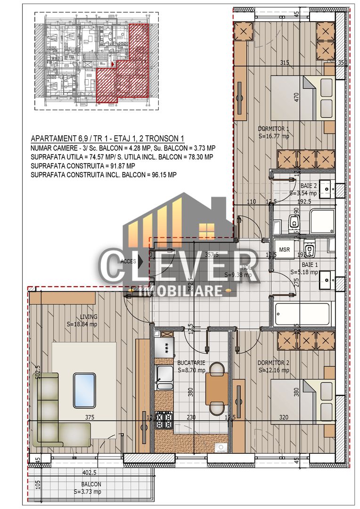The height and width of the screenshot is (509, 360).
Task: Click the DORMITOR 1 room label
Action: click(x=273, y=129)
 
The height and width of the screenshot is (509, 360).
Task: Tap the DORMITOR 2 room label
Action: click(x=273, y=363)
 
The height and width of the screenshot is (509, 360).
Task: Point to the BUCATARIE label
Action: click(x=191, y=363)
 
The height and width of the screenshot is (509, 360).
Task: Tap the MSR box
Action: click(x=284, y=249)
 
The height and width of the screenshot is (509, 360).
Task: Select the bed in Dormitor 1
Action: click(x=293, y=99)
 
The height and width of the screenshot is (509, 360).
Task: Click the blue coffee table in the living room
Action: click(x=84, y=390)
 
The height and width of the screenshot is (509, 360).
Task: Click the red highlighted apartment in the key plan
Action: click(x=125, y=71)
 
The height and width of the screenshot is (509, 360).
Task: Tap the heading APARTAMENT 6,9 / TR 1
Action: click(x=107, y=139)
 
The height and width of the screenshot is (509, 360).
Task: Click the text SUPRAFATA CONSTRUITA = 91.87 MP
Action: click(x=82, y=166)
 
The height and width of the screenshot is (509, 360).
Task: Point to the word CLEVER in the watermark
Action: click(x=179, y=266)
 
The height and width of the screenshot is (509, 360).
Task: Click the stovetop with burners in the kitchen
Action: click(x=164, y=419)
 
